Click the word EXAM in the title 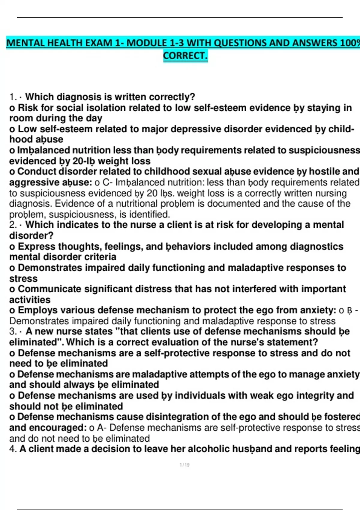pyautogui.click(x=99, y=43)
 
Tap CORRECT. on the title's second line pyautogui.click(x=185, y=56)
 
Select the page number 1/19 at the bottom pyautogui.click(x=184, y=465)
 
